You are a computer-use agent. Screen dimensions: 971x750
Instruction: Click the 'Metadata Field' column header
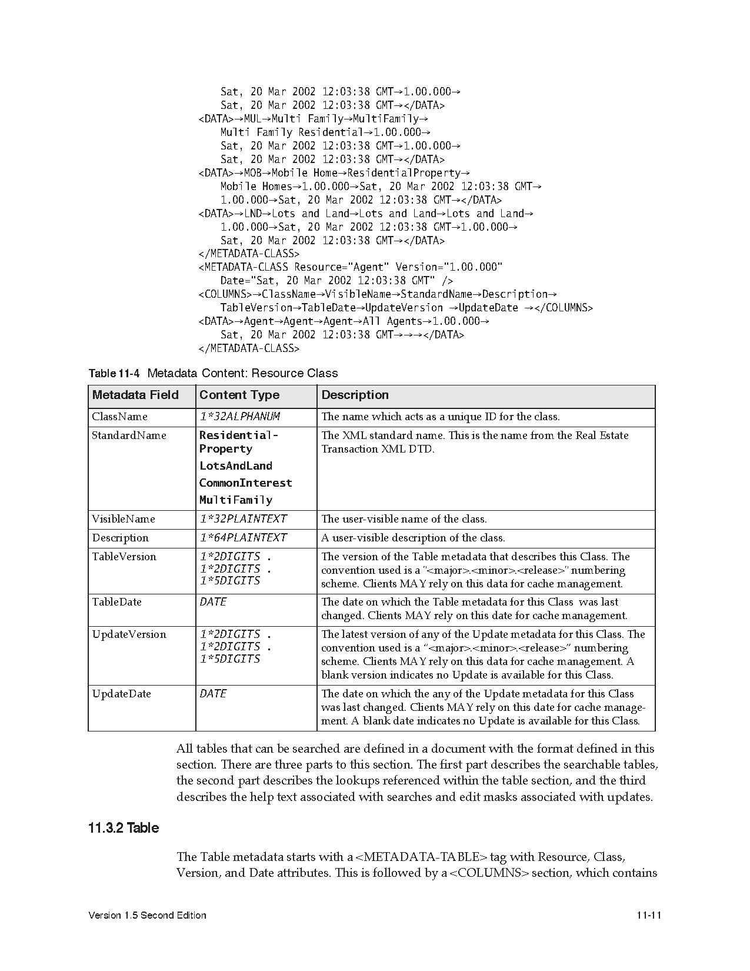tap(135, 395)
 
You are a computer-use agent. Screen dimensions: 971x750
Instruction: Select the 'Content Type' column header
tap(239, 395)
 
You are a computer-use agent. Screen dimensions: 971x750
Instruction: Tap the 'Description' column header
tap(355, 395)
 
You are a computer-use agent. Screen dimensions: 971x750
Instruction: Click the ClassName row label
tap(119, 417)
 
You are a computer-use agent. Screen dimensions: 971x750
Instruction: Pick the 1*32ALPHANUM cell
tap(239, 417)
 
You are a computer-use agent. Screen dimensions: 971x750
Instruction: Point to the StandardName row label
tap(129, 435)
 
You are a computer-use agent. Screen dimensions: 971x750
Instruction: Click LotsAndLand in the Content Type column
tap(236, 466)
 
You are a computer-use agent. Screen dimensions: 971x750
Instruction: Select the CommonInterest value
tap(245, 483)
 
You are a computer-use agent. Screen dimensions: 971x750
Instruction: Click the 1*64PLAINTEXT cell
tap(243, 538)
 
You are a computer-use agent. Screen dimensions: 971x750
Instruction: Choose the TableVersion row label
tap(124, 557)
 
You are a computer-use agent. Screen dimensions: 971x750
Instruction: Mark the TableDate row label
tap(116, 602)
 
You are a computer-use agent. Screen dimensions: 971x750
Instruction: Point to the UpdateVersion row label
tap(129, 634)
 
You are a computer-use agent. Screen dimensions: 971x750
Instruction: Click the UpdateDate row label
tap(121, 694)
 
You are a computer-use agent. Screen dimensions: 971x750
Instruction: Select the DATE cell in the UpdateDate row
tap(213, 694)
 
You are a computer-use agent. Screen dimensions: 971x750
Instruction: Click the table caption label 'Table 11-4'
tap(114, 374)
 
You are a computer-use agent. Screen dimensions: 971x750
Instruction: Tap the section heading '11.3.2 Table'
tap(124, 828)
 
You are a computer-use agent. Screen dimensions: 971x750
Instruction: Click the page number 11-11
tap(649, 915)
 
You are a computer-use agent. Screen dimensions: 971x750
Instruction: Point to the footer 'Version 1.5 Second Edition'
tap(147, 915)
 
